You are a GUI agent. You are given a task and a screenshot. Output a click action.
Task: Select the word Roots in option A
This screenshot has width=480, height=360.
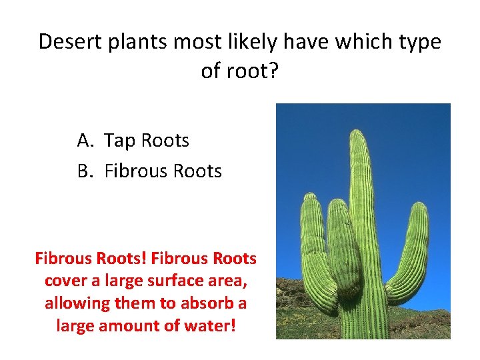coord(164,141)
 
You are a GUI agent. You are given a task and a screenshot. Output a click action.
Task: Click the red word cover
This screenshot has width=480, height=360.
coord(66,281)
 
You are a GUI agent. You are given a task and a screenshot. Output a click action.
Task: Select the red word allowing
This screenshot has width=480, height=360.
coord(73,303)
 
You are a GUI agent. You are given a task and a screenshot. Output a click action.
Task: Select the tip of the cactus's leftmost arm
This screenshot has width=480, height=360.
coord(311,197)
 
